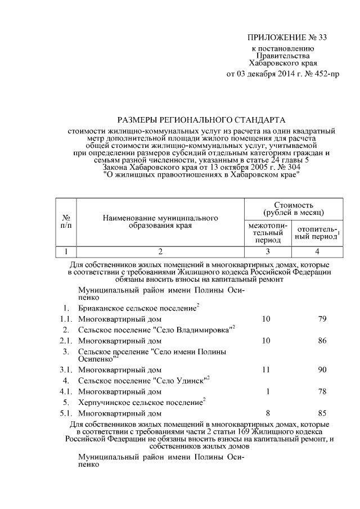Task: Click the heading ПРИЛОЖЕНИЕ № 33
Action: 287,38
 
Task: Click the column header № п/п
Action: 65,221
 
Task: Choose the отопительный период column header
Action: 318,233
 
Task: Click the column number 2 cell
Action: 159,251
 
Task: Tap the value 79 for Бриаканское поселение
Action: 322,319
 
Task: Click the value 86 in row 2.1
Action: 322,341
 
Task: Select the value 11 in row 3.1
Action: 268,370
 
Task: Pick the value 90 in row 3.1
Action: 322,370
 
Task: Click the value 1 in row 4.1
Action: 268,391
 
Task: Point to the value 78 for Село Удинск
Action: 322,391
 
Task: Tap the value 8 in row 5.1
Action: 268,413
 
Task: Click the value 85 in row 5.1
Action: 322,413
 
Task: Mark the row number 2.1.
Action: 66,341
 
